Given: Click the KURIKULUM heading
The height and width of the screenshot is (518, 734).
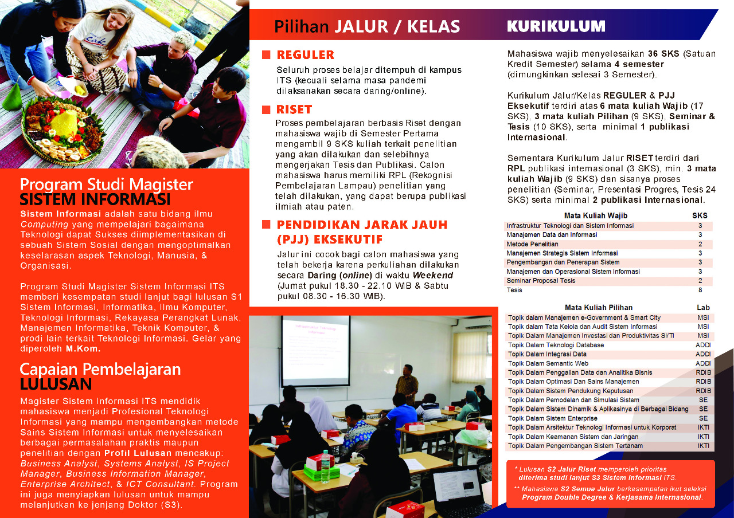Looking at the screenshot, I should (556, 26).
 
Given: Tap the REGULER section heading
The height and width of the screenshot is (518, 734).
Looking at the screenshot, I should (305, 55).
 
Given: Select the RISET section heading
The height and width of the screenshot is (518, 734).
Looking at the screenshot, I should (294, 109).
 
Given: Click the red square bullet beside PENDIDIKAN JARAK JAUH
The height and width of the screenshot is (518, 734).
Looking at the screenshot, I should (266, 225).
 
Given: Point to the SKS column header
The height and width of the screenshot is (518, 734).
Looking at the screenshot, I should (700, 216).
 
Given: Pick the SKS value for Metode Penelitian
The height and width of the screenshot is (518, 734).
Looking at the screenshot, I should (700, 244).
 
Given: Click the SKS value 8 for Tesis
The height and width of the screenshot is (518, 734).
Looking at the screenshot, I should (700, 290).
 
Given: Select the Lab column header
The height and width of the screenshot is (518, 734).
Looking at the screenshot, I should (703, 308).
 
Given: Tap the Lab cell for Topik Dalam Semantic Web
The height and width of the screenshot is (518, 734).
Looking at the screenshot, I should (703, 363).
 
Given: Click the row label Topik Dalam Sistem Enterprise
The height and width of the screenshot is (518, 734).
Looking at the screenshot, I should (552, 418).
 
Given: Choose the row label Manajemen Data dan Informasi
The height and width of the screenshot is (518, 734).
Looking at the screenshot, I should (544, 235).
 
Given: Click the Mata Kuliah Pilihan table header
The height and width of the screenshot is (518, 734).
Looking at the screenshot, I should (599, 308).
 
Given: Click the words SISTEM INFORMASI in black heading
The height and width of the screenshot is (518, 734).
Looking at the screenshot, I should (95, 199).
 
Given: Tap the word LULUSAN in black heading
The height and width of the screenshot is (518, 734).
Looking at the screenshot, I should (56, 383).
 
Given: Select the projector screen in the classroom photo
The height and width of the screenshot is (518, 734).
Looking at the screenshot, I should (315, 350).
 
